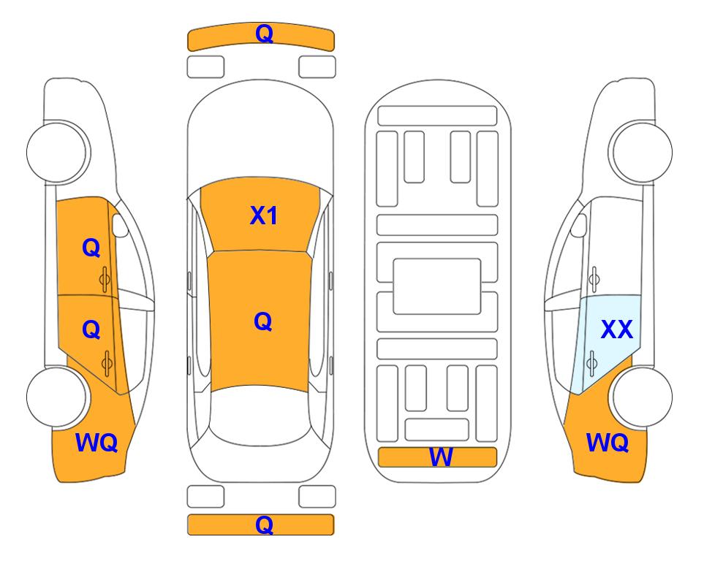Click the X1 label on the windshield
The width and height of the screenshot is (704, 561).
[x=264, y=215]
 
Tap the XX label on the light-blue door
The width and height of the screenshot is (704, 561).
[x=617, y=329]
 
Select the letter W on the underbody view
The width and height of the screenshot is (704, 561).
[x=441, y=457]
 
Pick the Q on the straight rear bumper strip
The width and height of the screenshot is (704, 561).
[x=264, y=524]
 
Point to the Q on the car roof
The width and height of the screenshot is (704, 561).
[x=263, y=321]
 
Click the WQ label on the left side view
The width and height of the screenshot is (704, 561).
[x=96, y=443]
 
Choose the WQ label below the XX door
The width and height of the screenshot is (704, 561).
[x=608, y=443]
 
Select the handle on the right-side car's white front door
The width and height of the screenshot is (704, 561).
[x=594, y=279]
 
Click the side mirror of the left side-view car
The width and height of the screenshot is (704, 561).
[x=119, y=225]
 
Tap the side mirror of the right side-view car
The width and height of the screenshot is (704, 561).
[x=579, y=225]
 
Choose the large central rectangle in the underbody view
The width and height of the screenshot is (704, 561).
[x=437, y=286]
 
